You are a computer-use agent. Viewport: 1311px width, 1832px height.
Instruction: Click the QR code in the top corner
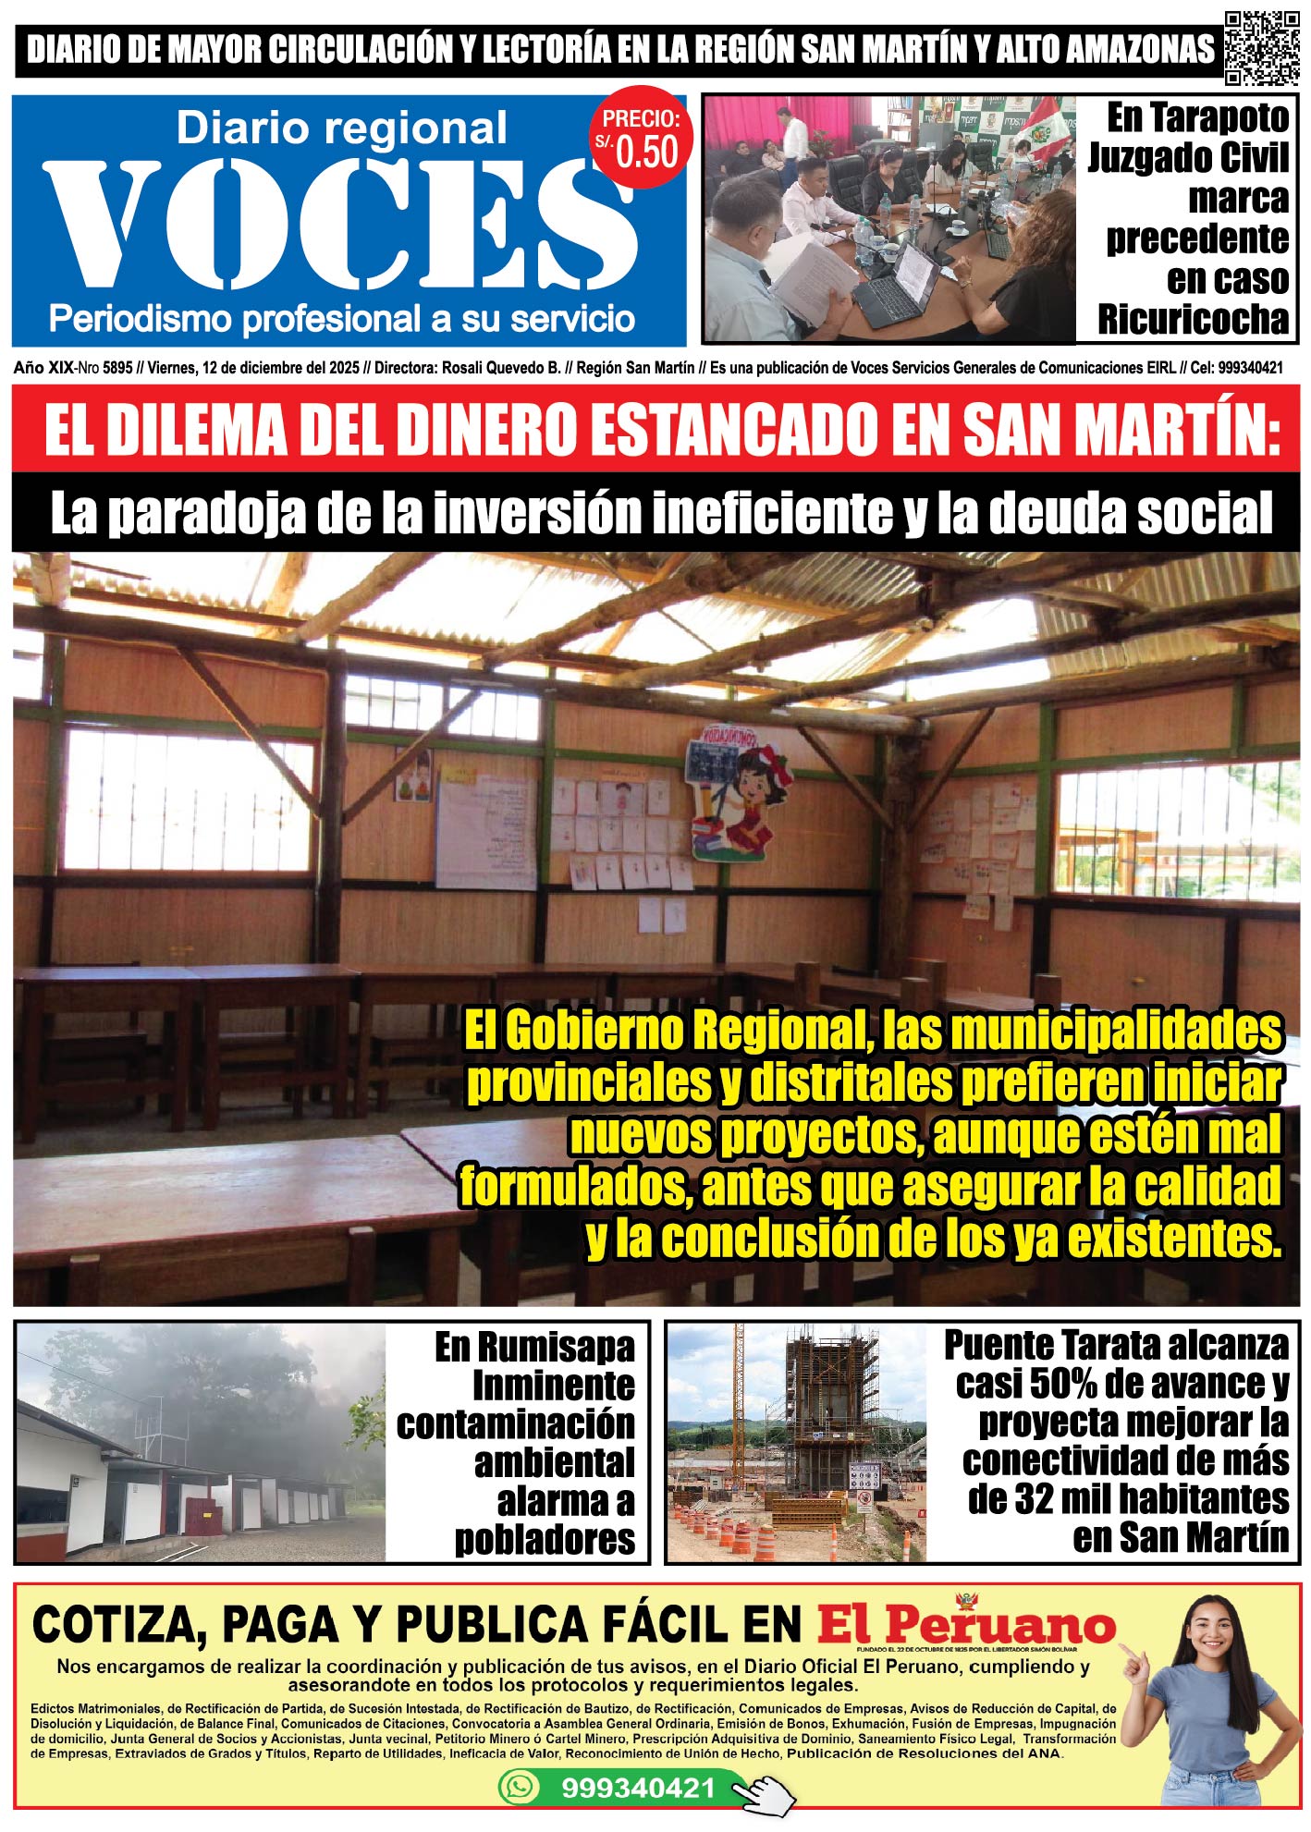[x=1261, y=48]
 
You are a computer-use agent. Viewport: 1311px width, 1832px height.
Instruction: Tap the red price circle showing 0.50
[x=642, y=142]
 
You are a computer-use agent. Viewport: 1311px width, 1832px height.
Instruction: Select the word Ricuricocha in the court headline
[x=1193, y=320]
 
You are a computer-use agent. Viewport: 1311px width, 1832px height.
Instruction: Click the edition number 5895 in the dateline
[x=117, y=368]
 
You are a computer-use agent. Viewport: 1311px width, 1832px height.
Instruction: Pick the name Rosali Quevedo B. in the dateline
[x=501, y=368]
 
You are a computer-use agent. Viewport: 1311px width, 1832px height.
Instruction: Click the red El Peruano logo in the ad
[x=966, y=1624]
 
